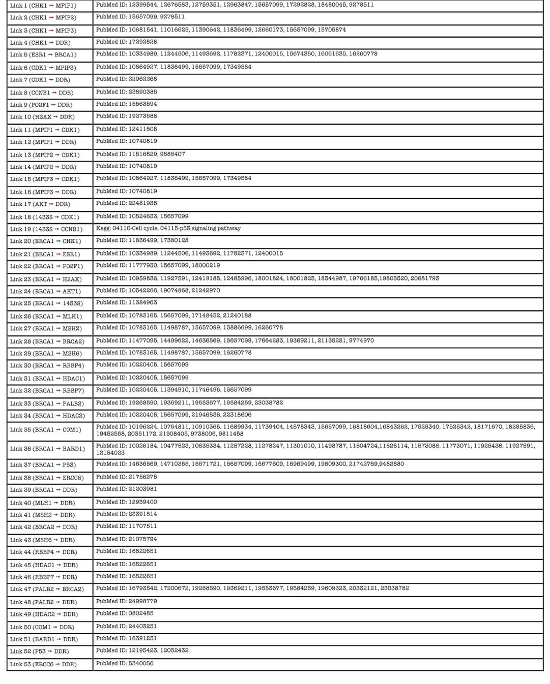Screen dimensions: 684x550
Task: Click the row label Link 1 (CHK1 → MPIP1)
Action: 43,6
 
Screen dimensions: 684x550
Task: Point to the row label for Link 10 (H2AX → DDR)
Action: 42,117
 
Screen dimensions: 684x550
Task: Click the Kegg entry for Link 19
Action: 168,229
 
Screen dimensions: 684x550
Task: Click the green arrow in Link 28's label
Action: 59,341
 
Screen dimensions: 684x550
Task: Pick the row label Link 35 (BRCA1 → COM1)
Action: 45,430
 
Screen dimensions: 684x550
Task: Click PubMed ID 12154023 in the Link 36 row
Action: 110,452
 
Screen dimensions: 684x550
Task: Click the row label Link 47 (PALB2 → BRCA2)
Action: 46,589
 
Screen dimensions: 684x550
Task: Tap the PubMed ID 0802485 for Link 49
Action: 141,614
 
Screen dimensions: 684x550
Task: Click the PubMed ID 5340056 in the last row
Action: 141,664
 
